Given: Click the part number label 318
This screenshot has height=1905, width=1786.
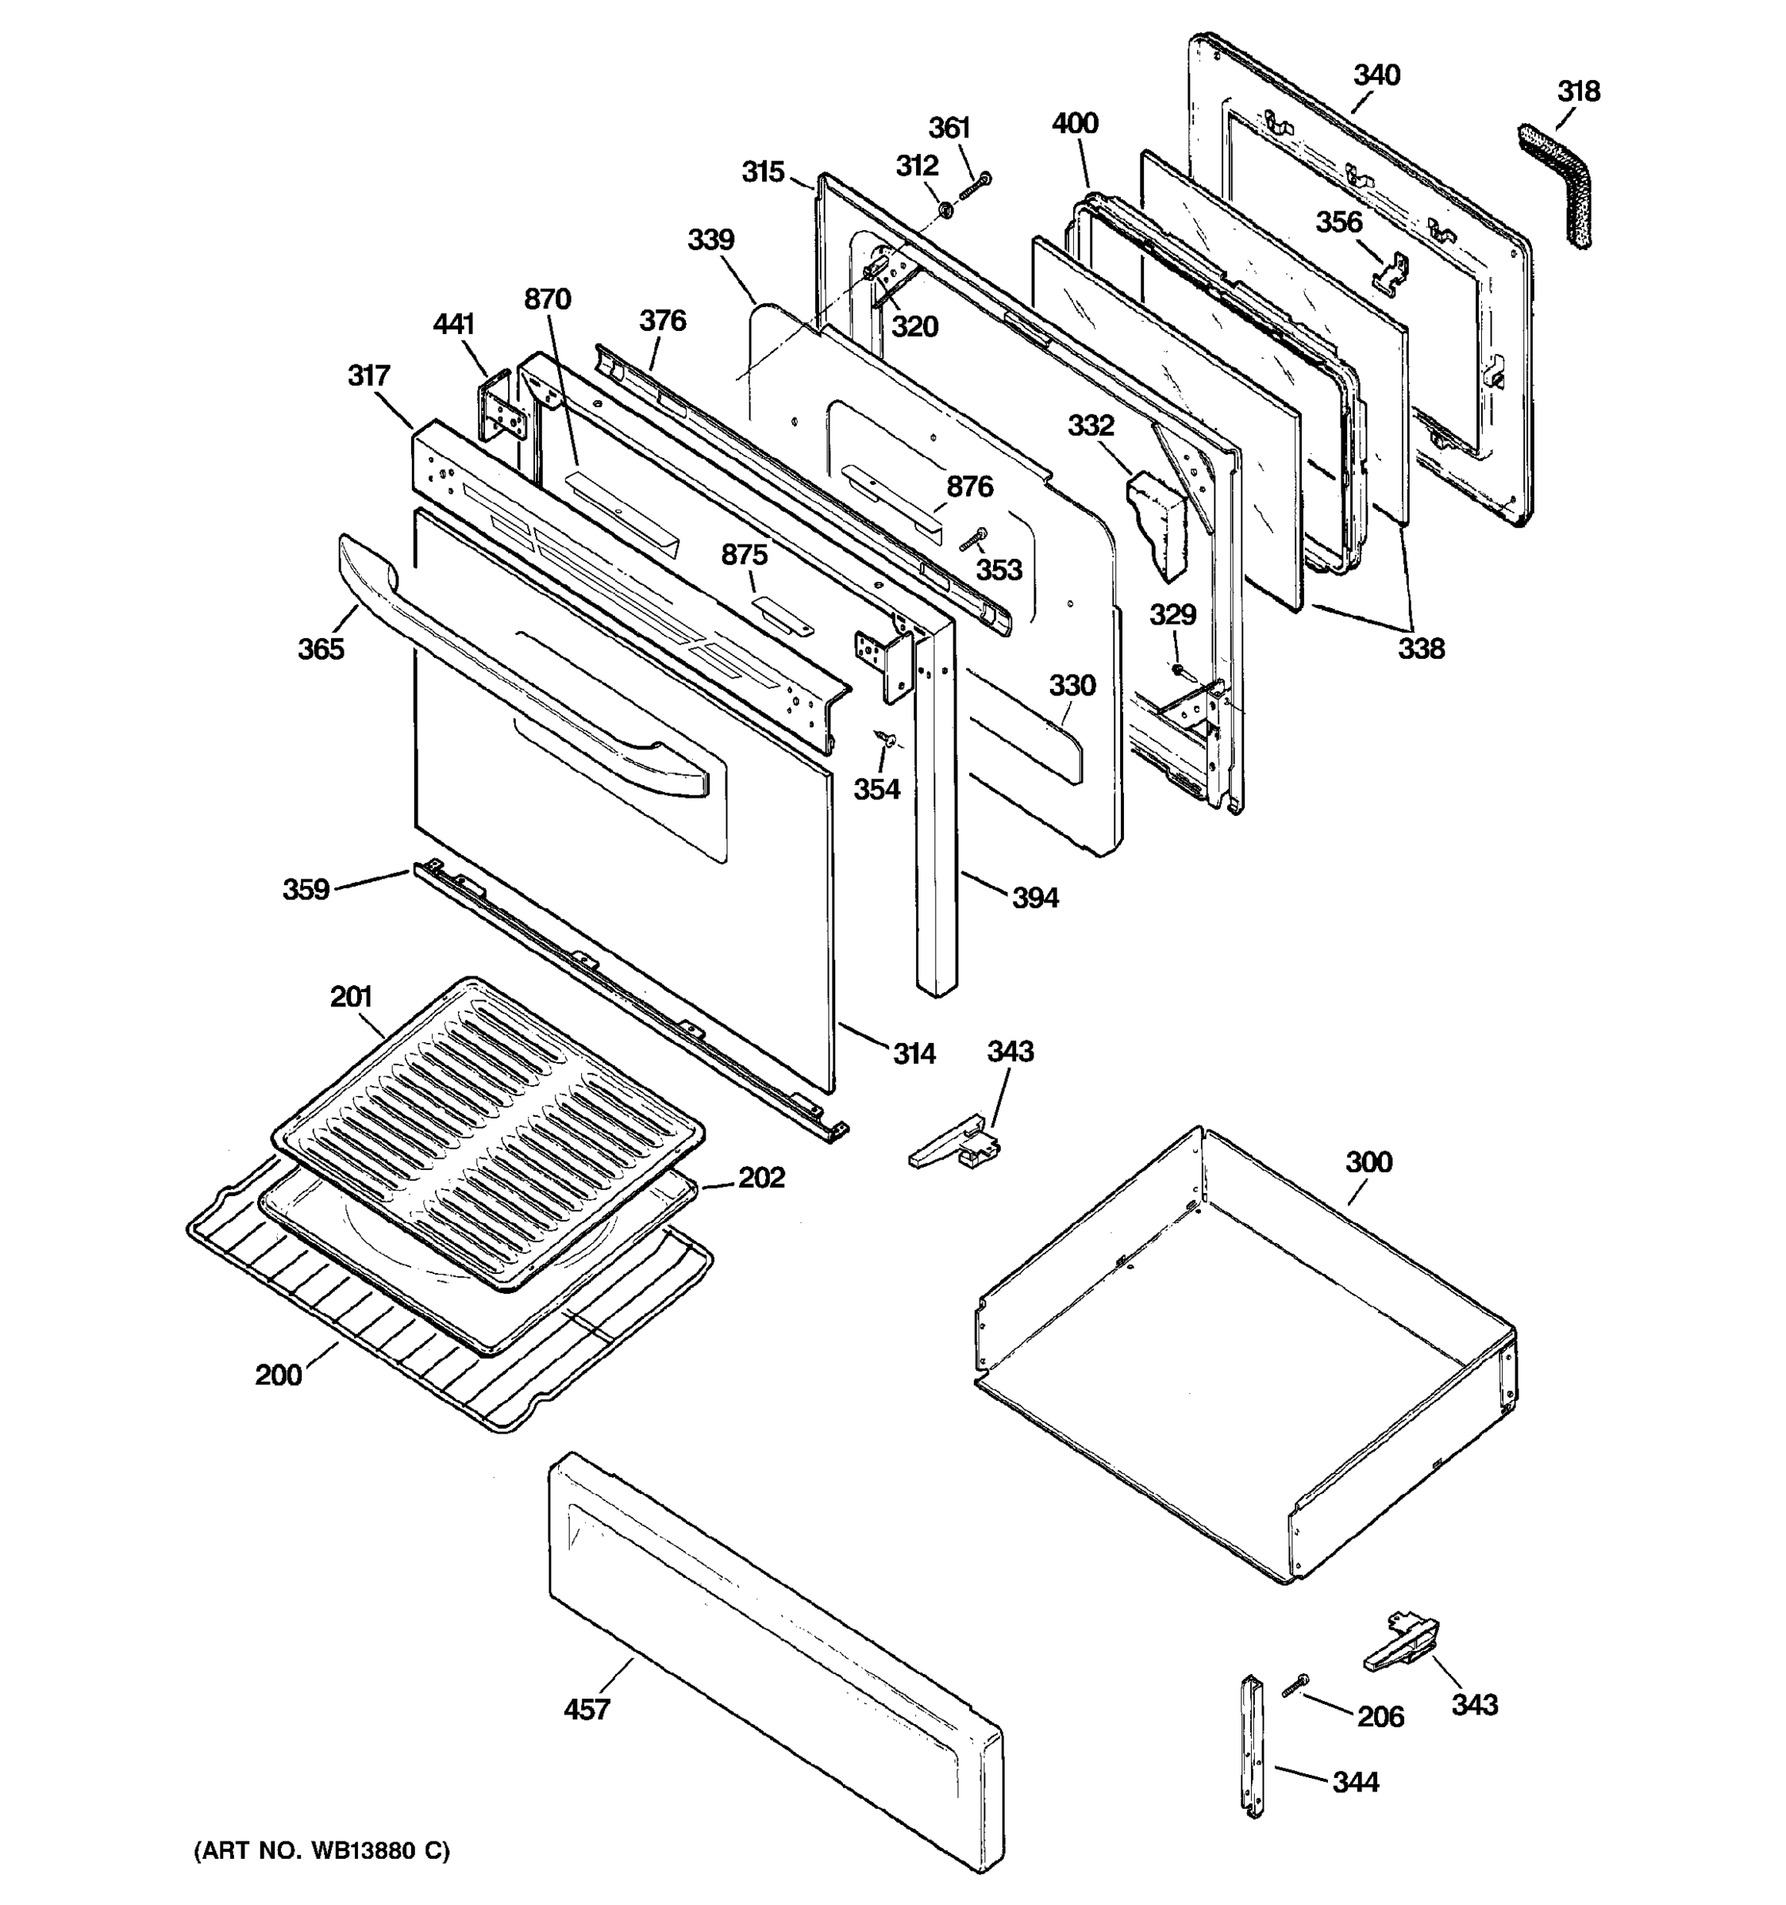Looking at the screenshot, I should [1578, 92].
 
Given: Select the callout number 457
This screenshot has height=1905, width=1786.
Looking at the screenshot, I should [587, 1710].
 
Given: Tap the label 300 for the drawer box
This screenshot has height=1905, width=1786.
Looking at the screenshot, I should [1368, 1162].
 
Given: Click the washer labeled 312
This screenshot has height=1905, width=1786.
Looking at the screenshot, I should [944, 209].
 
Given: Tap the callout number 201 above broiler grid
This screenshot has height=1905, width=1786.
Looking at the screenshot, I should [351, 997].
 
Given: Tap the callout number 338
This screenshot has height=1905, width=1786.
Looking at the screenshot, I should [1420, 648].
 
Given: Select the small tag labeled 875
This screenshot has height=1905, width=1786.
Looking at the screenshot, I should [783, 616].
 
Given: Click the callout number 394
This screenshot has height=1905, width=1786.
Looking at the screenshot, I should [1035, 898].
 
